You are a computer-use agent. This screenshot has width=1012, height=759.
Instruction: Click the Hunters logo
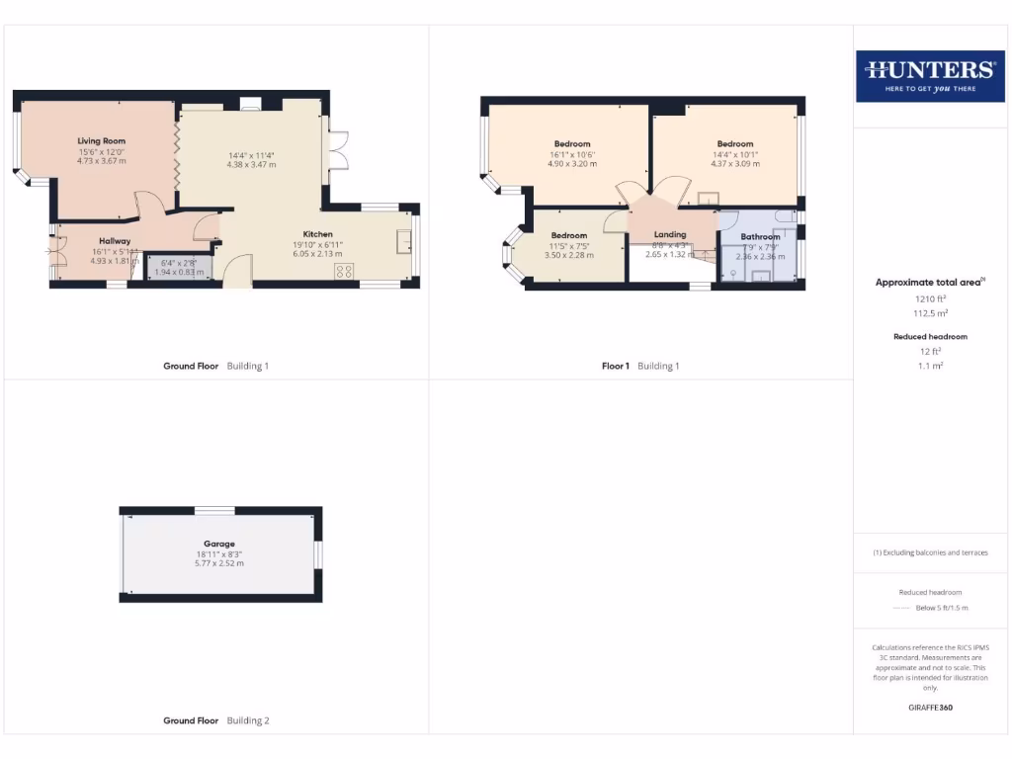930,76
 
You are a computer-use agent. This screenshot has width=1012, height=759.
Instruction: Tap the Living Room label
102,141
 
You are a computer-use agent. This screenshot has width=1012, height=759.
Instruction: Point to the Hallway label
115,241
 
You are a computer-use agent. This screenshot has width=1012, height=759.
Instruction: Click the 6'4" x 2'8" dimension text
179,263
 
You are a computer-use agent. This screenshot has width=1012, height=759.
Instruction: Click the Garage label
219,544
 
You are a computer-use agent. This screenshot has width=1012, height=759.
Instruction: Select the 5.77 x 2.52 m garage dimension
219,563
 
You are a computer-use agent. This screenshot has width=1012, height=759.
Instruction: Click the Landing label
669,234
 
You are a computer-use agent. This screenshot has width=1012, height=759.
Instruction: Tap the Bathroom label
760,237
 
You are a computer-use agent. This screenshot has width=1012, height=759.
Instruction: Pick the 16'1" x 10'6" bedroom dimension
572,154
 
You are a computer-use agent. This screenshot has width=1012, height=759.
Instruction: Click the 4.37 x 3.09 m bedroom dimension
735,164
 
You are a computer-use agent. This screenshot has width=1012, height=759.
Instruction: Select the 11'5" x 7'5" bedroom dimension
568,245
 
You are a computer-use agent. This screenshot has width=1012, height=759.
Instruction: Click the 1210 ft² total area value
929,297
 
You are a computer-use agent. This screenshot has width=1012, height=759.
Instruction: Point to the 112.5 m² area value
929,312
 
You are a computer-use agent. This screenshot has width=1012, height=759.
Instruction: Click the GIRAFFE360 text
929,708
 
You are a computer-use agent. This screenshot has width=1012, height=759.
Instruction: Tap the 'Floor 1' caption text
615,366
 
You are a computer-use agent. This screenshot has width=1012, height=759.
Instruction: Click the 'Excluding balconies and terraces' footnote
929,552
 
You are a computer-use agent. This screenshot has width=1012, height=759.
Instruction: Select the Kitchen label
317,234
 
